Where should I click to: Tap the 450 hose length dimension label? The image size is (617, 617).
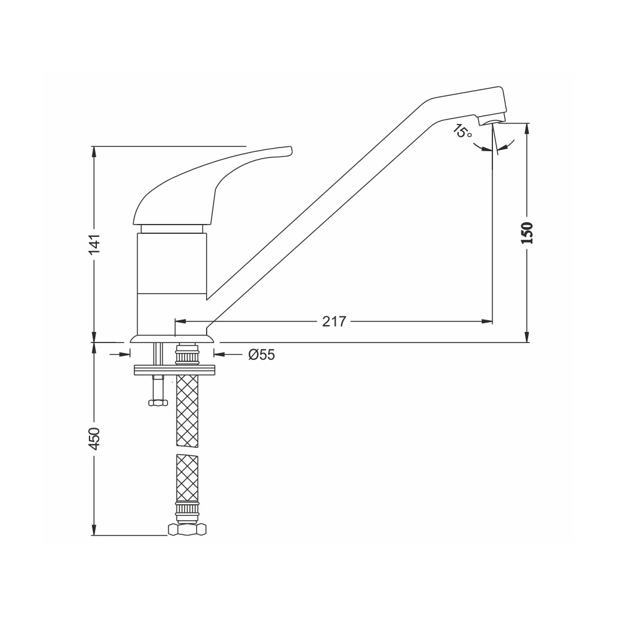tap(95, 438)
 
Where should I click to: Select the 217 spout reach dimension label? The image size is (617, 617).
tap(334, 321)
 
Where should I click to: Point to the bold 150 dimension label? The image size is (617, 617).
tap(527, 233)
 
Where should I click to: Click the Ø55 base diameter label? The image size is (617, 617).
tap(261, 355)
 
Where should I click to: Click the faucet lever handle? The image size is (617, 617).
tap(212, 185)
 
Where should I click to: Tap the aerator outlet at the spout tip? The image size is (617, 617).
tap(492, 120)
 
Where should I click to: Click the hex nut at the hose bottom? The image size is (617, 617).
tap(188, 529)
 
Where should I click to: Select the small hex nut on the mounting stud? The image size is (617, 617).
tap(158, 402)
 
